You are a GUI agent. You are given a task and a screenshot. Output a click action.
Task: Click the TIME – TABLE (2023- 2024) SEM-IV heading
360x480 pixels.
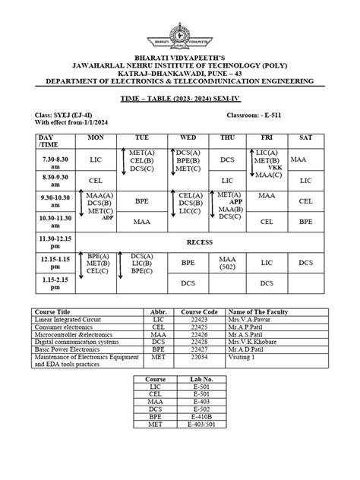(x=179, y=99)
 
